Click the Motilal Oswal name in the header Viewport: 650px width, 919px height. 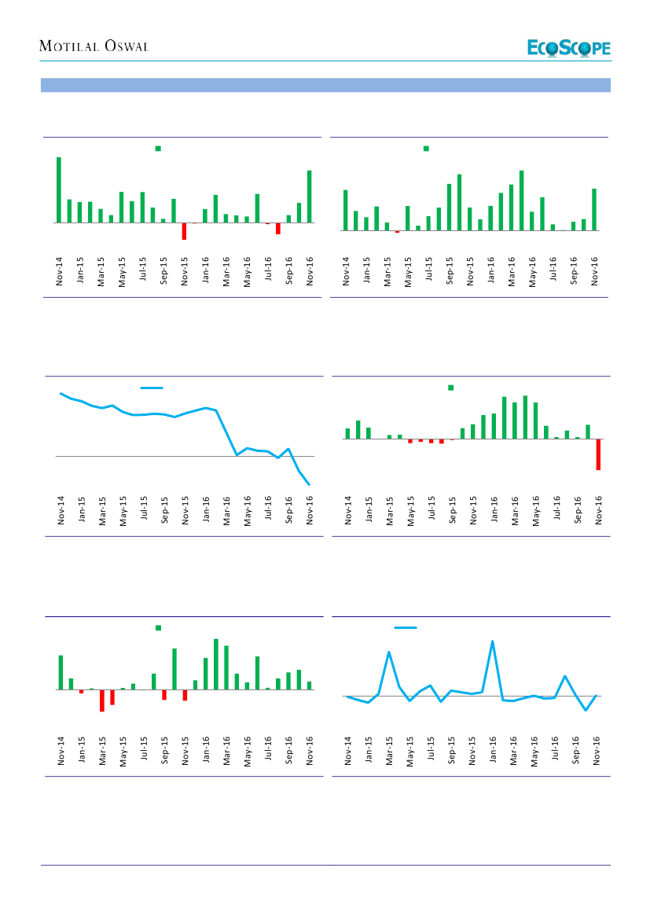click(94, 47)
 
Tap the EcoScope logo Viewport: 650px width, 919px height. click(569, 49)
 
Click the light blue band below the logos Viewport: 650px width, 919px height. click(325, 85)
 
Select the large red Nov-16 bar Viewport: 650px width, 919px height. click(598, 454)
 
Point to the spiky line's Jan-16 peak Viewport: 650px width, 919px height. click(493, 641)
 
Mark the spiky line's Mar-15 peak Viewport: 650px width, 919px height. click(389, 652)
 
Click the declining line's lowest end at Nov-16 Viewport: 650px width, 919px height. click(310, 484)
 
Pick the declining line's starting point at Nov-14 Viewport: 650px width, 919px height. click(61, 393)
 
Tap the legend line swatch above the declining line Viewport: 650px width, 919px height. click(152, 388)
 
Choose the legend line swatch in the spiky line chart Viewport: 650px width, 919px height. click(405, 627)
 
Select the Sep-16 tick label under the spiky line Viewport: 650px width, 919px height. click(577, 749)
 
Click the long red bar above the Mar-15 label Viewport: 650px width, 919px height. click(102, 700)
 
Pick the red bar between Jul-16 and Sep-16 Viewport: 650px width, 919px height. click(278, 229)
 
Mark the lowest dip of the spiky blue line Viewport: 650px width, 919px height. click(586, 710)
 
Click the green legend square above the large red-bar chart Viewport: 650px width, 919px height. click(451, 387)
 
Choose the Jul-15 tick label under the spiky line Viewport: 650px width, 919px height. click(431, 749)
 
